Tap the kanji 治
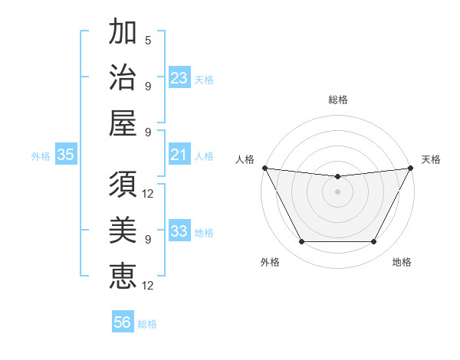123,77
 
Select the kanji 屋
123,122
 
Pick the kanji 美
123,229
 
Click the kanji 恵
123,273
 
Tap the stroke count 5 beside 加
148,40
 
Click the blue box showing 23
179,78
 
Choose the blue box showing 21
179,155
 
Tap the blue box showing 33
179,231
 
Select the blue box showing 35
66,155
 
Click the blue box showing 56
123,322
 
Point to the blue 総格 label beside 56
147,324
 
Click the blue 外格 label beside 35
41,156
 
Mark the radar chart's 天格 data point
411,168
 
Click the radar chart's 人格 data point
264,168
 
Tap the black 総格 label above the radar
337,100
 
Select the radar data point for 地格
373,242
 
